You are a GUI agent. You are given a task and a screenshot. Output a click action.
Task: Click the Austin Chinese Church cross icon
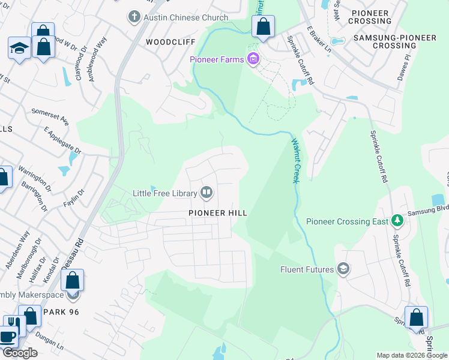click(134, 17)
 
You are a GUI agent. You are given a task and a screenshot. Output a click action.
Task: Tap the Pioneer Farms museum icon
click(253, 59)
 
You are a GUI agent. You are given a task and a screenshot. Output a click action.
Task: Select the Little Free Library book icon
click(207, 193)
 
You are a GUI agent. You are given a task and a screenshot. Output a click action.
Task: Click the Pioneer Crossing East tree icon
click(396, 221)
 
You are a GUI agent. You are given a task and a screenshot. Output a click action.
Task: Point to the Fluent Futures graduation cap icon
click(343, 269)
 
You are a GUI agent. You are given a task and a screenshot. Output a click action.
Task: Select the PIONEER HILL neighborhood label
click(217, 213)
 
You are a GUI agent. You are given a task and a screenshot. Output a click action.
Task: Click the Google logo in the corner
click(19, 353)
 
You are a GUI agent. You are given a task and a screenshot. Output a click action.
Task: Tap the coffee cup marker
click(8, 337)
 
